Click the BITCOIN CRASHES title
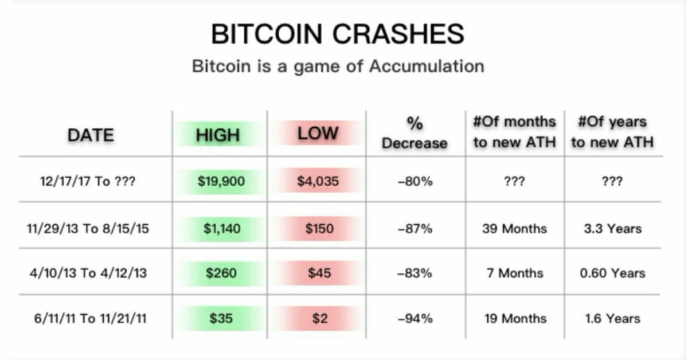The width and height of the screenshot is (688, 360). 338,34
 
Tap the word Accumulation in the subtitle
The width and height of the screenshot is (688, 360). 427,66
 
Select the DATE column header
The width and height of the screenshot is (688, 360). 91,135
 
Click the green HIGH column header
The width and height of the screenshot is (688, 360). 218,135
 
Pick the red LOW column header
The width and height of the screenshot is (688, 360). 318,134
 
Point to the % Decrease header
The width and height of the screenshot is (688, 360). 415,134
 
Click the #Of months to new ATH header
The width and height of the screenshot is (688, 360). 515,132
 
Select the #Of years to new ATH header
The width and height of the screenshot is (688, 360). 612,132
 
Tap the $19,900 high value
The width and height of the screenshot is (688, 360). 221,181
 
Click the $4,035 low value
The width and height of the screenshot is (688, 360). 318,181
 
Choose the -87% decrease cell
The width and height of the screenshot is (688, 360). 415,229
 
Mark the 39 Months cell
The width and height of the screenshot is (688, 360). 515,229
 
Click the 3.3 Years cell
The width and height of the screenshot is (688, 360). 613,229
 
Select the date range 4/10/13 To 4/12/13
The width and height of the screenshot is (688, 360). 88,273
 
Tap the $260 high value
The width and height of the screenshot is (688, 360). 221,273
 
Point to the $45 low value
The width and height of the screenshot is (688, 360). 319,273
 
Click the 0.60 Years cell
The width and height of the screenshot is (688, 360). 613,273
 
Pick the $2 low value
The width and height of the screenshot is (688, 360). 320,319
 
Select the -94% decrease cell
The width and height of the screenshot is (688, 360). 415,319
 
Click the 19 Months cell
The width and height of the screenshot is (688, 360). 515,319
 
